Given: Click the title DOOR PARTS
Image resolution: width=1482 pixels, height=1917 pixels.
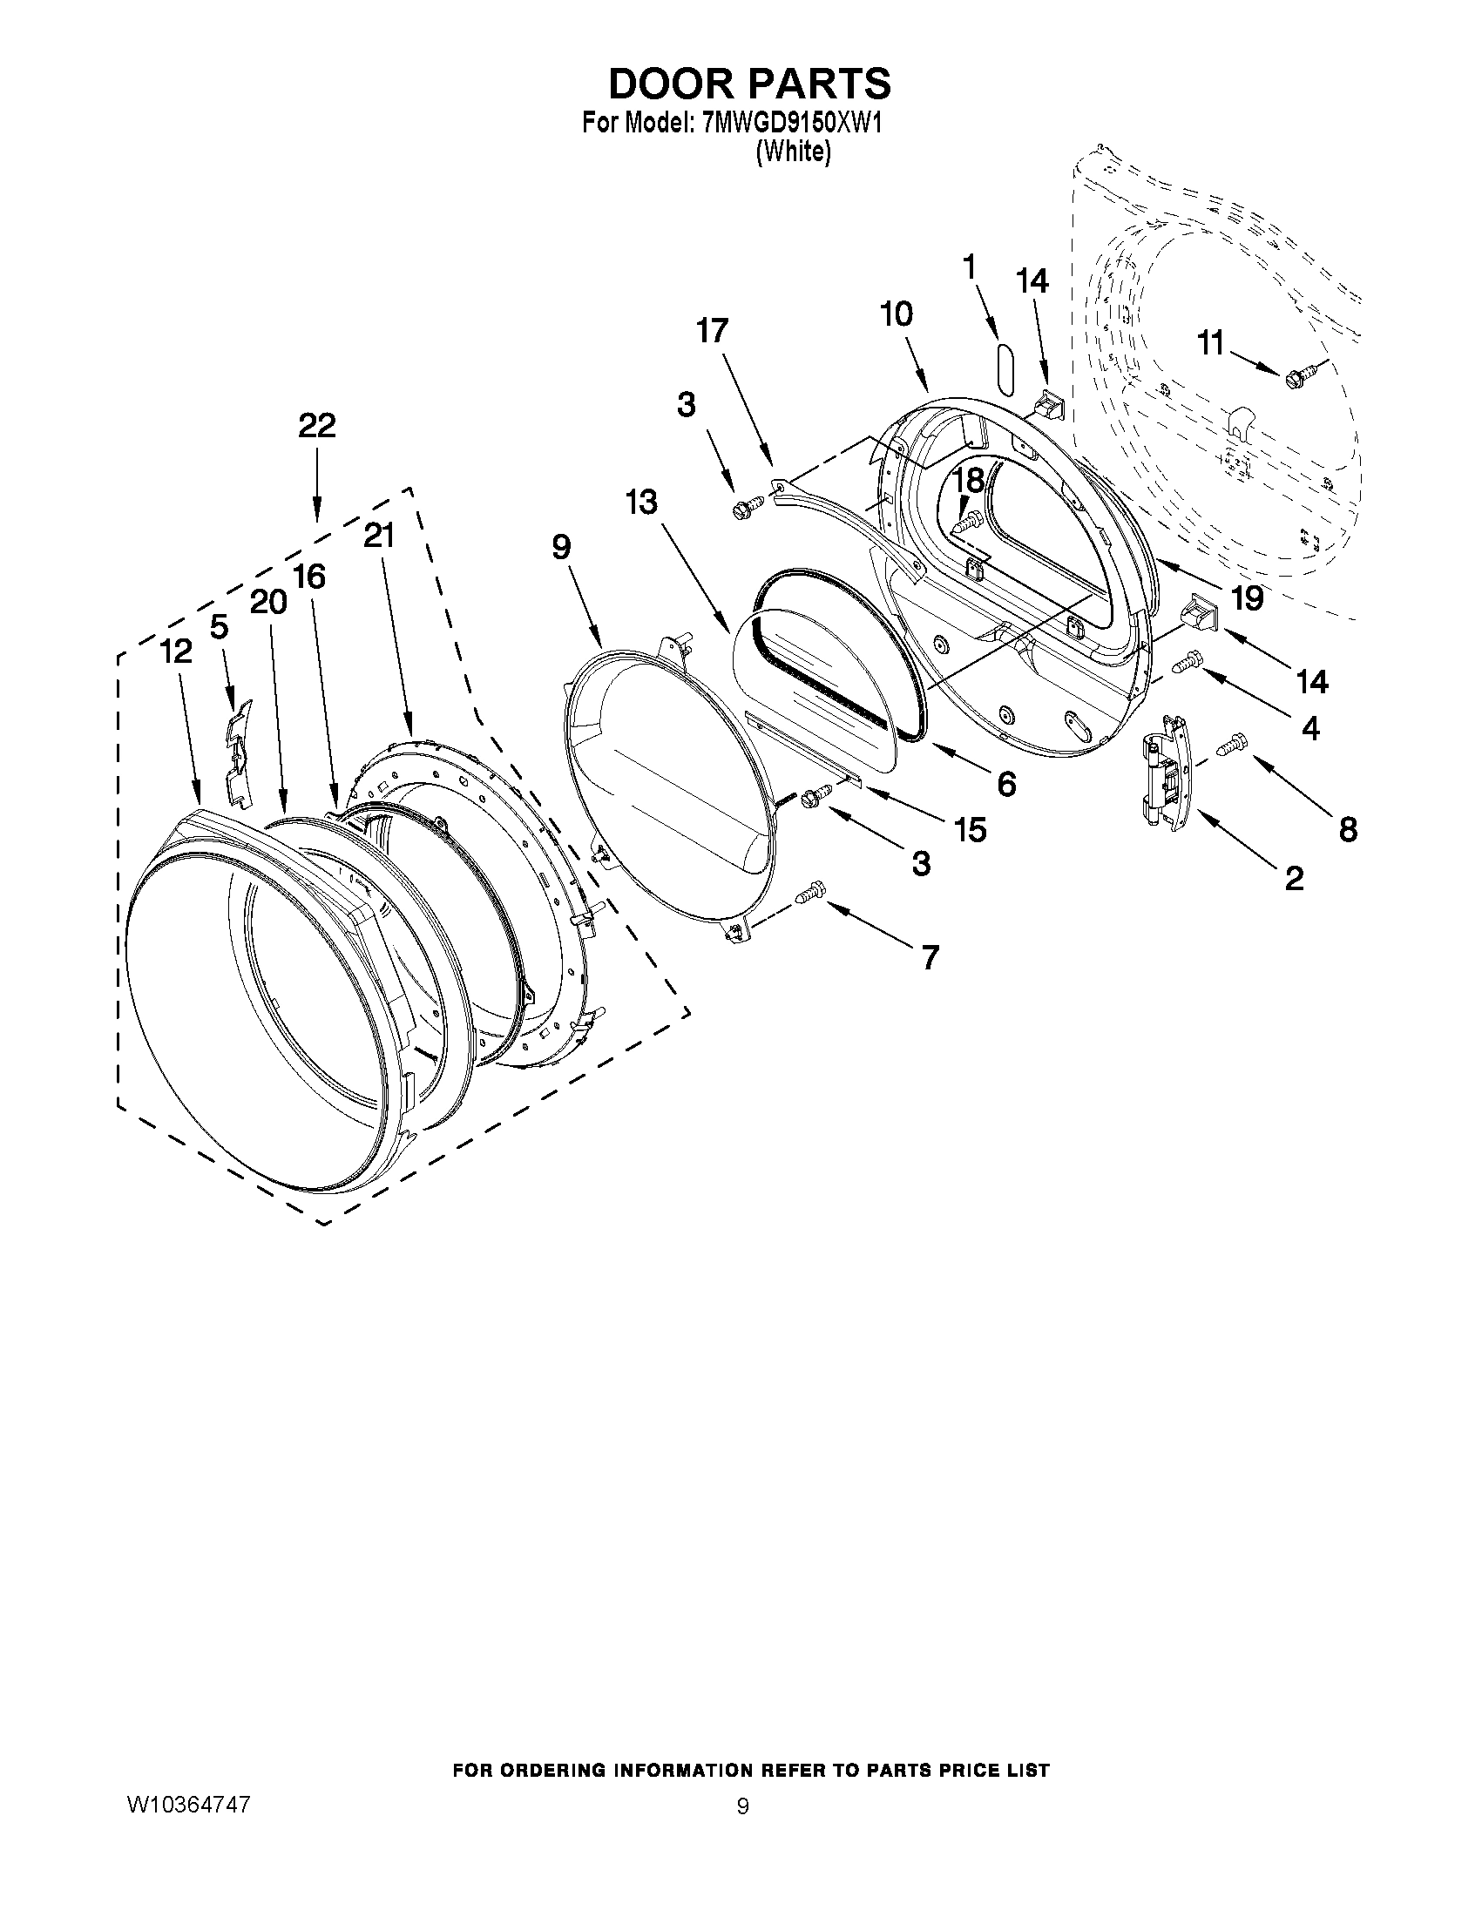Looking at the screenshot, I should [x=749, y=84].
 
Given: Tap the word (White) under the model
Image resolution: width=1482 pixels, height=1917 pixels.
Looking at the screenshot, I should [x=793, y=152].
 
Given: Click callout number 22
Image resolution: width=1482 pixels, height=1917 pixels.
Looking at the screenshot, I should [x=316, y=426].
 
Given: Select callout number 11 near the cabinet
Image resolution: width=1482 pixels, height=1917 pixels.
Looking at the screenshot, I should [x=1211, y=343].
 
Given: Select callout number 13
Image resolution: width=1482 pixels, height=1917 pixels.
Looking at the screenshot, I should [x=641, y=503].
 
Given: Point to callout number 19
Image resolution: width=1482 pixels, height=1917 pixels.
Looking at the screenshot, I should [x=1247, y=597].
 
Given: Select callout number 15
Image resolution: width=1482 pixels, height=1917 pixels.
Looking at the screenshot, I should [x=971, y=829].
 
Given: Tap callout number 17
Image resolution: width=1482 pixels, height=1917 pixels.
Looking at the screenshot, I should [x=712, y=331].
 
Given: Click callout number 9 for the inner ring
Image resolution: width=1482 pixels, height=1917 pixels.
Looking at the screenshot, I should [x=561, y=547].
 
